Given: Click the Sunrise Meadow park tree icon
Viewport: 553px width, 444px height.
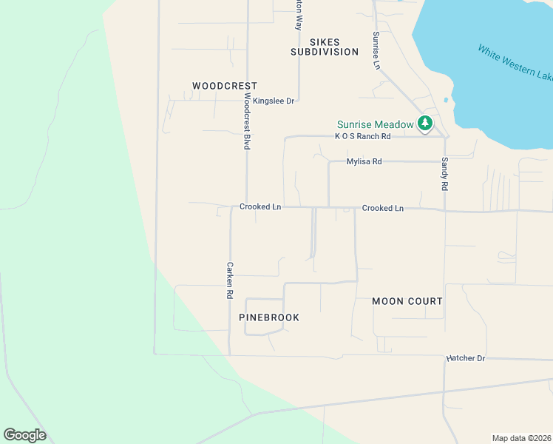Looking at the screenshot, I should [x=425, y=124].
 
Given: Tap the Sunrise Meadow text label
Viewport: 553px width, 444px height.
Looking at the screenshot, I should [x=375, y=124].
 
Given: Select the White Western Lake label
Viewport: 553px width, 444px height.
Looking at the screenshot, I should [x=515, y=63].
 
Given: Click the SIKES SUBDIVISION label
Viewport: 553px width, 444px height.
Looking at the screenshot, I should [x=325, y=47].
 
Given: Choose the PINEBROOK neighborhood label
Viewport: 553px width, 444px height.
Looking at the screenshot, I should [x=269, y=317].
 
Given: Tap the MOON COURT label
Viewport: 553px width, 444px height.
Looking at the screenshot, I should [x=407, y=301].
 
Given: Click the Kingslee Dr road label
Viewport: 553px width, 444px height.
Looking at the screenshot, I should [x=274, y=101].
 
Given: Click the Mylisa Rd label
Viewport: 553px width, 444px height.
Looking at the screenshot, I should [x=364, y=161].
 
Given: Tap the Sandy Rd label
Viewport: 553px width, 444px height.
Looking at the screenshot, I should [x=445, y=175].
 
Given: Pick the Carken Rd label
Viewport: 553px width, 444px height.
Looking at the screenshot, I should [x=230, y=280].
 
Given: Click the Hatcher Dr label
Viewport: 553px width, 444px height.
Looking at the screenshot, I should [x=465, y=359].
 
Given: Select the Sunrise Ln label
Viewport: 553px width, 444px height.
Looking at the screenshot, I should [x=376, y=50].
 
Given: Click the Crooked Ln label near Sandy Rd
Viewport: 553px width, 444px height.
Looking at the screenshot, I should [x=383, y=209].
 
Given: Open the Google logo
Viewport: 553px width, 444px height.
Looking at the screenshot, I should [x=25, y=434].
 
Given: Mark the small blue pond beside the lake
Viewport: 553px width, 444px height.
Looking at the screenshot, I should [x=446, y=100].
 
